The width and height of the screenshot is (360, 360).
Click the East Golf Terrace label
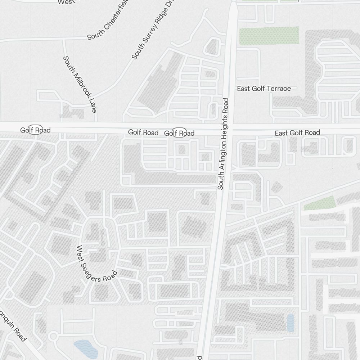[x=264, y=89]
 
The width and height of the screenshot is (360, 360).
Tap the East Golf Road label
[x=297, y=133]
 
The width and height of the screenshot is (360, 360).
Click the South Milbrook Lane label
[x=80, y=84]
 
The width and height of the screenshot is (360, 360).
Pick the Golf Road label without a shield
[x=143, y=132]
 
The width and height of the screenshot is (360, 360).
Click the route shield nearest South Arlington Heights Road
[x=179, y=133]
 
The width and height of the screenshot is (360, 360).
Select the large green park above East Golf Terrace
[x=269, y=36]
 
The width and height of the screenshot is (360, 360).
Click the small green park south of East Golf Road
[x=320, y=204]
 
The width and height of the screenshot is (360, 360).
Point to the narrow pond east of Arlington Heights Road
[x=290, y=323]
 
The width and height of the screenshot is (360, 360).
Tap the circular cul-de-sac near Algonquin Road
[x=54, y=337]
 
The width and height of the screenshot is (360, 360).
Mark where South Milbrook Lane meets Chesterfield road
[x=64, y=39]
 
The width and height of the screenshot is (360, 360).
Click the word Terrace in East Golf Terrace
[x=278, y=89]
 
